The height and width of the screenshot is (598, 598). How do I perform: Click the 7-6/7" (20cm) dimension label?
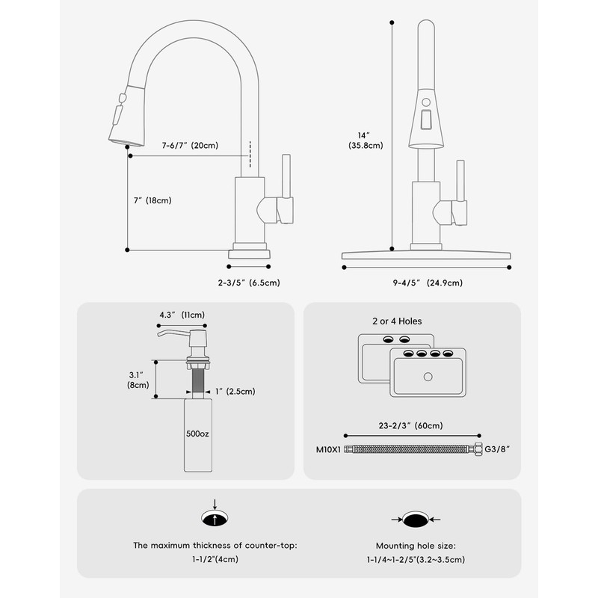(x=189, y=146)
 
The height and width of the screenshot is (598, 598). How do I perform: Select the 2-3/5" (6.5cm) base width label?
(x=249, y=282)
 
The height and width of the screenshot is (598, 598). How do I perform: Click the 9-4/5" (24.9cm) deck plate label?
(x=427, y=282)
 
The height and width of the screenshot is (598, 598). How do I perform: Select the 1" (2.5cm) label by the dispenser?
(x=235, y=391)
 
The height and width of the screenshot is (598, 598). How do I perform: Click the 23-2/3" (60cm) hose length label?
(x=411, y=425)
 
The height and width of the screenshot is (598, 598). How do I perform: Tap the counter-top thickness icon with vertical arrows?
(x=215, y=517)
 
